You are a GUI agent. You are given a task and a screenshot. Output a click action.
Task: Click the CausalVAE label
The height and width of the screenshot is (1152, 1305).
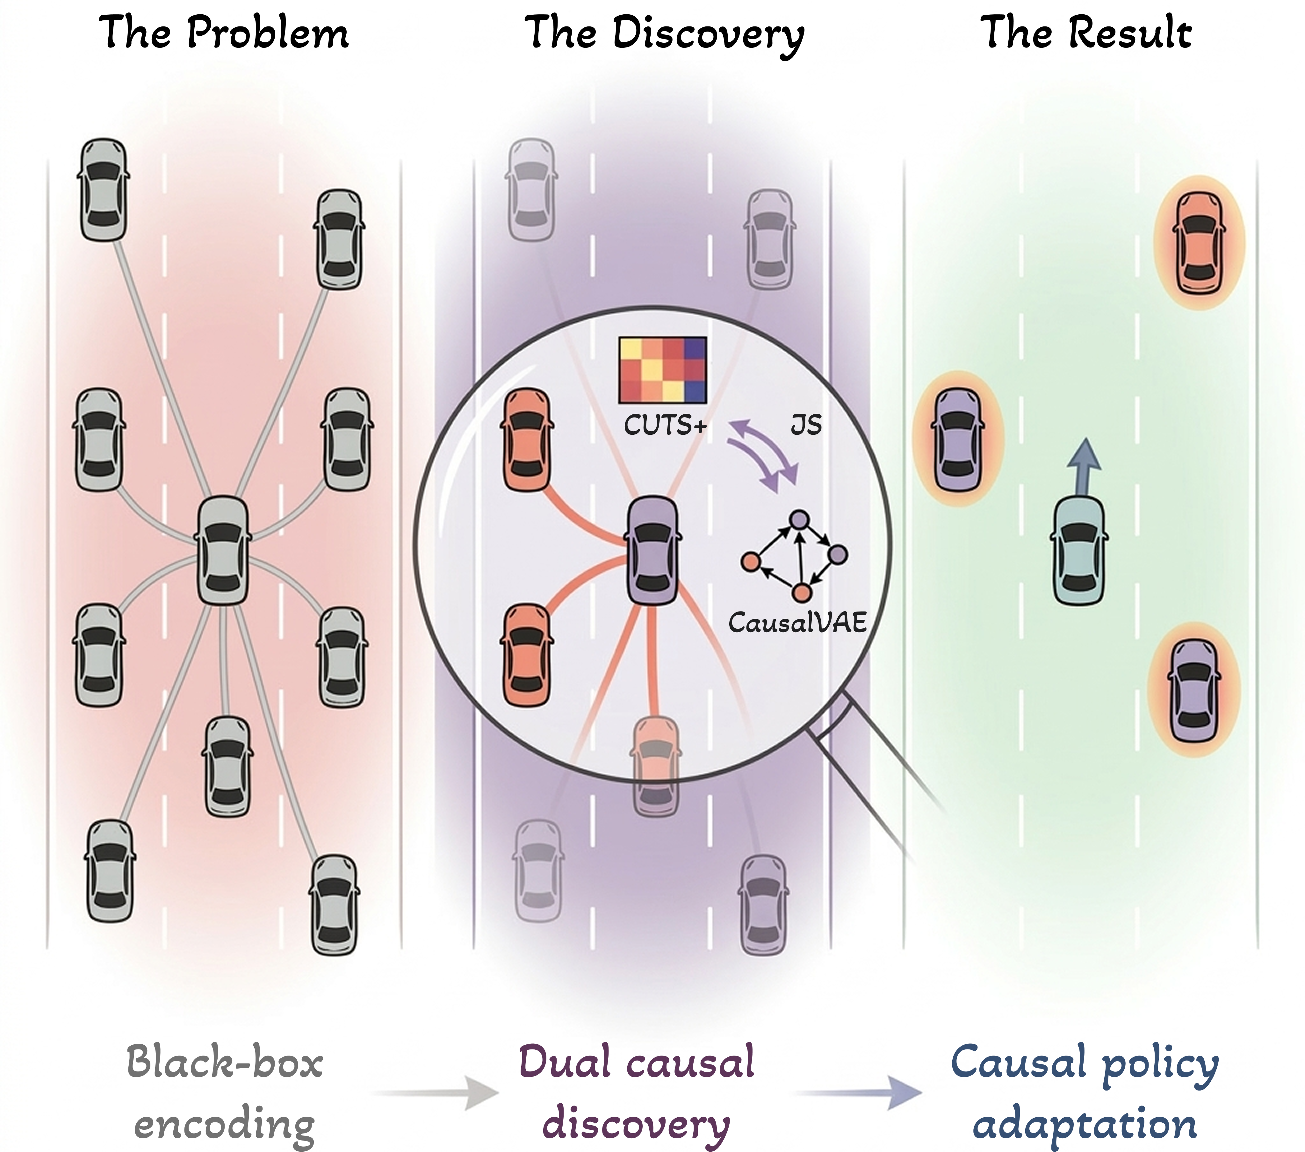[797, 622]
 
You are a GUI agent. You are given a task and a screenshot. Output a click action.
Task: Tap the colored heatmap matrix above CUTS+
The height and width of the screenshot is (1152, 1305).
[663, 370]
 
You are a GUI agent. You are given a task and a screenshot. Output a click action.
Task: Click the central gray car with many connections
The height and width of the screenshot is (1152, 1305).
[223, 550]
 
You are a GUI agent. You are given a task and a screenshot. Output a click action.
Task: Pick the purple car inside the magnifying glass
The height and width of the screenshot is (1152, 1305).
[652, 550]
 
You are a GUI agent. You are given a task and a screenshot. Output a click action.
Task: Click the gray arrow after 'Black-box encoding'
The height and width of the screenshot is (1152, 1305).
[441, 1093]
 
